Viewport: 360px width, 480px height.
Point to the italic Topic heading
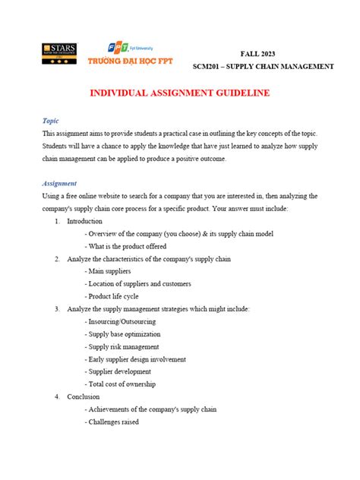[x=52, y=120]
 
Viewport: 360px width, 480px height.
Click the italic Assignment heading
[x=62, y=183]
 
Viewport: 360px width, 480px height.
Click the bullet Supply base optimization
[x=125, y=334]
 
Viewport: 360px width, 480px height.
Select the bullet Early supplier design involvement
[x=137, y=359]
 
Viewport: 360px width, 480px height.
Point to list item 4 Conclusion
[x=83, y=396]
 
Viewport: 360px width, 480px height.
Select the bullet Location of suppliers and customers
[x=143, y=284]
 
